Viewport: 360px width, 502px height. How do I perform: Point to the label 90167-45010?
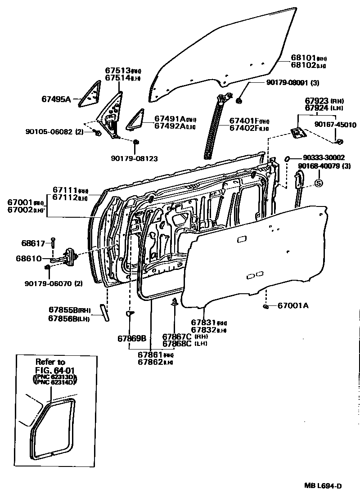click(x=335, y=125)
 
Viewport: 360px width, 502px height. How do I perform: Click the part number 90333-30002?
click(x=324, y=157)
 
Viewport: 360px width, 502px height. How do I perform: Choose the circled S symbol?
click(x=318, y=183)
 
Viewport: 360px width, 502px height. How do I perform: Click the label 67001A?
click(x=292, y=306)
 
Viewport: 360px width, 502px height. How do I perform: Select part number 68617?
click(x=33, y=243)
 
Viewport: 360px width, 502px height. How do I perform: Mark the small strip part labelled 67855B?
click(x=105, y=313)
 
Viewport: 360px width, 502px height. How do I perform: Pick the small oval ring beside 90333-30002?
click(x=288, y=158)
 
